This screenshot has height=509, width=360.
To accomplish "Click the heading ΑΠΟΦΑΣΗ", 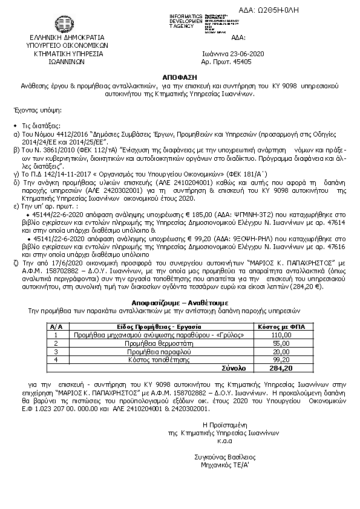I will pos(180,79).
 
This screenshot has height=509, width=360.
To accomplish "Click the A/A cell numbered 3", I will pos(56,351).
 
